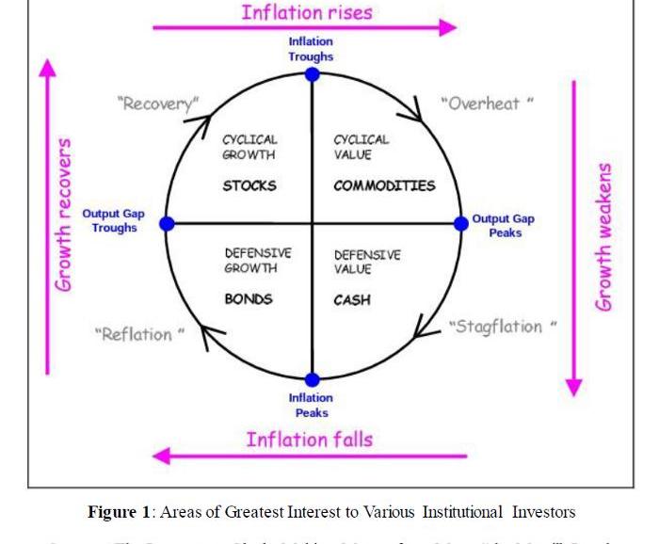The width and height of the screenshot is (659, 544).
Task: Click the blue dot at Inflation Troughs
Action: (x=312, y=74)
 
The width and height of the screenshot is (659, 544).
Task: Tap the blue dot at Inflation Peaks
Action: (x=312, y=380)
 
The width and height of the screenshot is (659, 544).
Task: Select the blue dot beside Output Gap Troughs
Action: (x=167, y=223)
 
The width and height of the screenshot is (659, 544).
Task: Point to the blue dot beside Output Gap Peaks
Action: (x=460, y=223)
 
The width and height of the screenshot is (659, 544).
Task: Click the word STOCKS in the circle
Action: (x=249, y=185)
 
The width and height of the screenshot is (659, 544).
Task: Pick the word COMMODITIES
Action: (x=384, y=185)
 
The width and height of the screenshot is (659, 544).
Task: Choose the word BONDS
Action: (x=249, y=299)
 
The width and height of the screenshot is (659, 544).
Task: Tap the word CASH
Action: (x=352, y=300)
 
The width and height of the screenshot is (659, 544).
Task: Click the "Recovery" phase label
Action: (x=159, y=103)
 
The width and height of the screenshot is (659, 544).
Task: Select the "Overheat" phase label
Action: (x=487, y=104)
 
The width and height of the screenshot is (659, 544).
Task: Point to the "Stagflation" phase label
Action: (x=502, y=327)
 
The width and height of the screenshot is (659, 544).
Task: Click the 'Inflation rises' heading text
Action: (x=307, y=12)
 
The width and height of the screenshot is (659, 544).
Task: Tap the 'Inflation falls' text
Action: (x=310, y=440)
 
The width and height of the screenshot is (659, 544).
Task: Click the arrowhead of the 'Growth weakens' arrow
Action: (x=573, y=388)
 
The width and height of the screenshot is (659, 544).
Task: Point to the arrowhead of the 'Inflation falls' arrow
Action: (x=162, y=456)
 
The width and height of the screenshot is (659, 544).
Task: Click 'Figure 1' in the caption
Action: (x=119, y=512)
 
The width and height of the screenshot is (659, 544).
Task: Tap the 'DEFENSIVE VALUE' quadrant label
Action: (x=366, y=262)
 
